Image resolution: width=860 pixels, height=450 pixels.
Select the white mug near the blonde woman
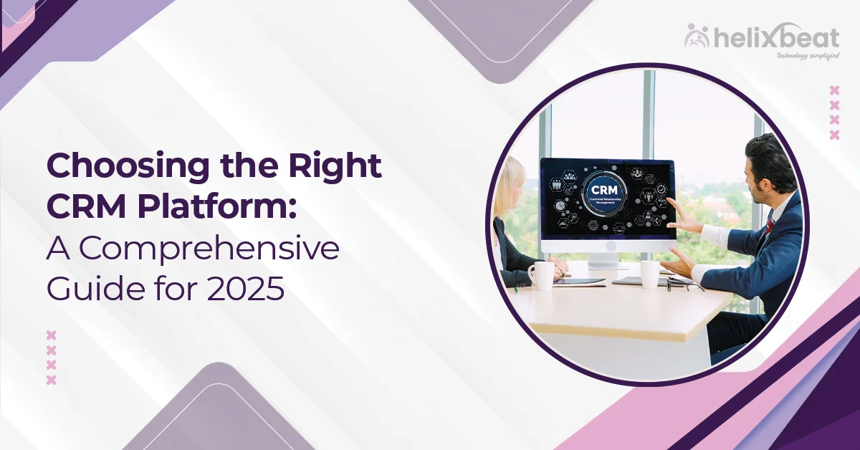(x=541, y=275)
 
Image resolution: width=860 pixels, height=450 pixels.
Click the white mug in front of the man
(x=649, y=273)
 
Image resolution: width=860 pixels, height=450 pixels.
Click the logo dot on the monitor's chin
(x=608, y=246)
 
